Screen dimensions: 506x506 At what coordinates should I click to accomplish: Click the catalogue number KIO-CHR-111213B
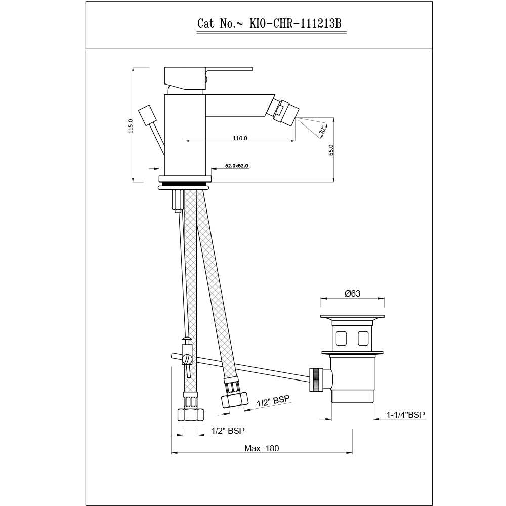[x=296, y=24]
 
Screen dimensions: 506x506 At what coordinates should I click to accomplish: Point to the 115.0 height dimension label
[x=131, y=126]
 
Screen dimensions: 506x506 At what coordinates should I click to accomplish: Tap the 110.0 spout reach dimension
[x=240, y=138]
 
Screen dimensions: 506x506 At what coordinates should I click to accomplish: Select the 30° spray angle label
[x=322, y=130]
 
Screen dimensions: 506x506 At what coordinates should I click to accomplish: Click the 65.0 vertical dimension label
[x=331, y=150]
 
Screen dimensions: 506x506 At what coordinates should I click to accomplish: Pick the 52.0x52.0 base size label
[x=236, y=166]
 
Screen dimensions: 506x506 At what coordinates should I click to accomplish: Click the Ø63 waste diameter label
[x=352, y=293]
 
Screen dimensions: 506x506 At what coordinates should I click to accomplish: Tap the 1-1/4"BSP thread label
[x=406, y=415]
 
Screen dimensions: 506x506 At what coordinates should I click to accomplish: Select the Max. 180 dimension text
[x=262, y=448]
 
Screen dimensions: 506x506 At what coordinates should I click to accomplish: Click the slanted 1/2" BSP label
[x=273, y=401]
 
